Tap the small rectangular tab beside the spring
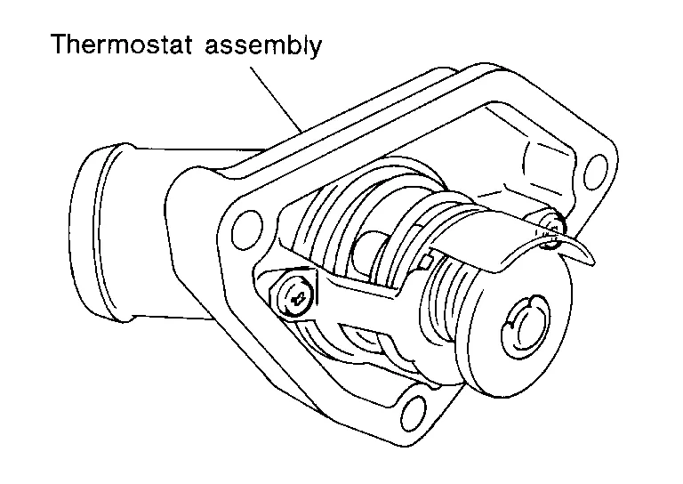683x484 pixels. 428,260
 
